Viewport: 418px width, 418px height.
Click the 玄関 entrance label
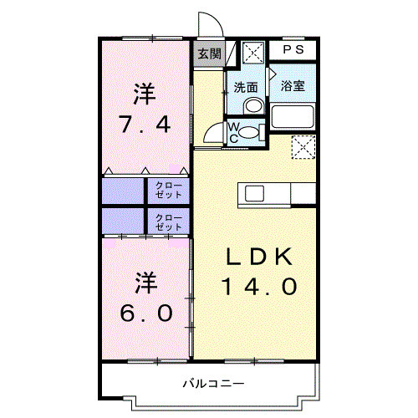[210, 54]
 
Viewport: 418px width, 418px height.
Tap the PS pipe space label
[293, 50]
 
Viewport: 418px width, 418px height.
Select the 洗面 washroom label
[245, 87]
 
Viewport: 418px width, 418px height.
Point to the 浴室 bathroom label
[293, 85]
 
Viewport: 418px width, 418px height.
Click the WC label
[235, 131]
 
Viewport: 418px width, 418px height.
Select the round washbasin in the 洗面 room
[253, 105]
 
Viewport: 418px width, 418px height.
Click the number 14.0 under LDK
[259, 287]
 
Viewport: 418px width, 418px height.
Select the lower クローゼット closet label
[170, 222]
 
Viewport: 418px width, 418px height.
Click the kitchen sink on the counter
[254, 193]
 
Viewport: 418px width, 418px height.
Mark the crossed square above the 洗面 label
[253, 52]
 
